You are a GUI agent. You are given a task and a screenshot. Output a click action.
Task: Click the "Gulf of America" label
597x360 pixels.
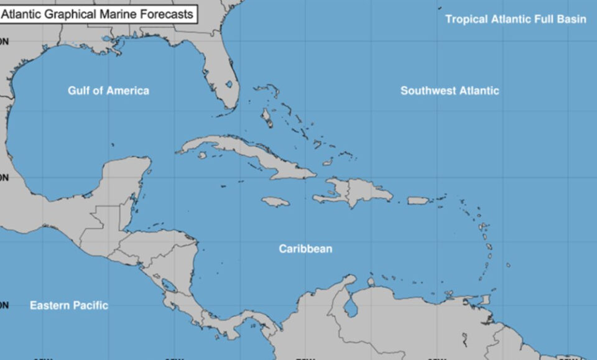click(108, 91)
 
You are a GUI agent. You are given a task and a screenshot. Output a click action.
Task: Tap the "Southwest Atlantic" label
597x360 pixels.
click(449, 91)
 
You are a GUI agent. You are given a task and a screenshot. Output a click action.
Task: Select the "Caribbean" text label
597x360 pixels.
click(305, 249)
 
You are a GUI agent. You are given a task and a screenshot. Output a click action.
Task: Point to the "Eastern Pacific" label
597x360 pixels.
click(68, 305)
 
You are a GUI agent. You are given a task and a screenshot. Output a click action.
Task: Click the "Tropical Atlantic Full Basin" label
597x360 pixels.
click(516, 19)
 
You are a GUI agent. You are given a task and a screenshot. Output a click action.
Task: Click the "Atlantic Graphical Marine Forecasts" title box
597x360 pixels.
click(98, 13)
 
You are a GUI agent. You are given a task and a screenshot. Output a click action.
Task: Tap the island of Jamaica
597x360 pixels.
click(275, 202)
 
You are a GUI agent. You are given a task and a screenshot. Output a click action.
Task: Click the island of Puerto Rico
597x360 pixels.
click(419, 200)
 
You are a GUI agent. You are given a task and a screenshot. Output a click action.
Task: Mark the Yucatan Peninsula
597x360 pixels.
click(124, 180)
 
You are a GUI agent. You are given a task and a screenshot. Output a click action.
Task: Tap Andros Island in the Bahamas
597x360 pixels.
click(266, 116)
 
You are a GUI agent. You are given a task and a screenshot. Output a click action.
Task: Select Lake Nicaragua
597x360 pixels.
click(168, 285)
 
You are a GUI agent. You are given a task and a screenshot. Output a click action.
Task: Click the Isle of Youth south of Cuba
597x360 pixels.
click(202, 155)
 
